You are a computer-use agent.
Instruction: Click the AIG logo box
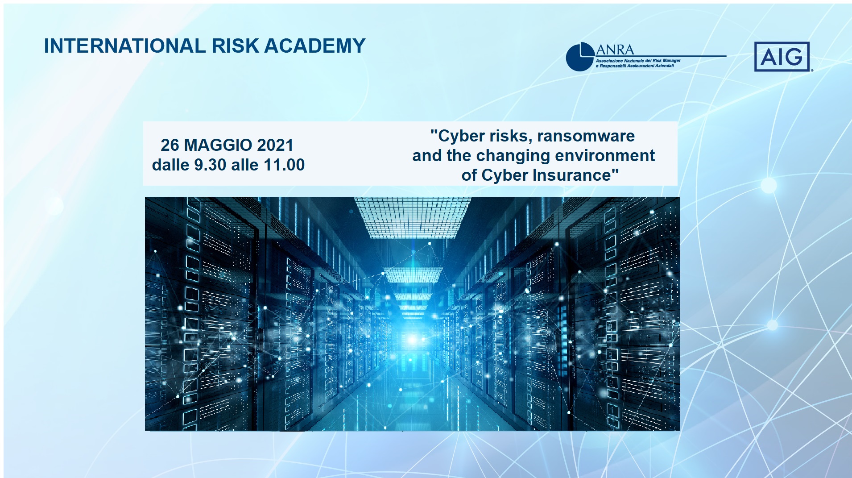click(x=782, y=57)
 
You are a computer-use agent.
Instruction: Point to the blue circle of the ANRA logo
click(x=579, y=57)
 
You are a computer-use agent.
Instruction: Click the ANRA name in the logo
click(x=615, y=50)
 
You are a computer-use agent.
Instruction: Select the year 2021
click(x=275, y=145)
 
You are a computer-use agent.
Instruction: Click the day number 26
click(x=170, y=145)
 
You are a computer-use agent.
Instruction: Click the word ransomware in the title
click(x=586, y=136)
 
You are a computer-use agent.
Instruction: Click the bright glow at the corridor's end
click(x=412, y=340)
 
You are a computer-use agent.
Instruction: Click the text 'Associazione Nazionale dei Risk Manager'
click(x=638, y=61)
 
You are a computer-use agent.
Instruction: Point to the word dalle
click(x=170, y=165)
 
